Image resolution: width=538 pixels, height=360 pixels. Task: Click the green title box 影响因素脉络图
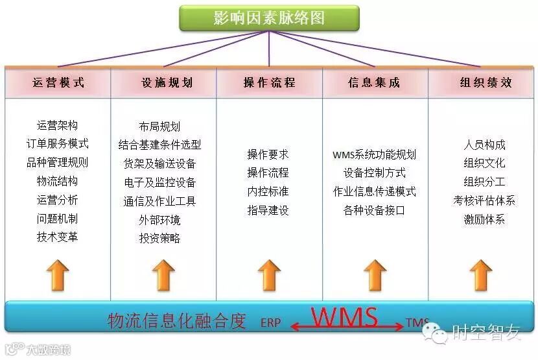tap(269, 18)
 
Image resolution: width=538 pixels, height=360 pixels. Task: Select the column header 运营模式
tap(58, 82)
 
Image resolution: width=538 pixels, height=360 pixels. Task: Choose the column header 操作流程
tap(269, 82)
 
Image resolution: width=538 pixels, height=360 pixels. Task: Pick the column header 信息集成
tap(374, 82)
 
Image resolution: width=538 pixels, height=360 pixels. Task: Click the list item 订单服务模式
tap(58, 144)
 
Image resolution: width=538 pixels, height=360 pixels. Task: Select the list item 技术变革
tap(58, 237)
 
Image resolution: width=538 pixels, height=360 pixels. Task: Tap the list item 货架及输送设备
tap(159, 163)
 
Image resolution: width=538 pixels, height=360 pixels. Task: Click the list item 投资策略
tap(159, 238)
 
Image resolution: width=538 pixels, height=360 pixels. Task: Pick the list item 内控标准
tap(268, 191)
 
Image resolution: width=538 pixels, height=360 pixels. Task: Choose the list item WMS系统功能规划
tap(374, 155)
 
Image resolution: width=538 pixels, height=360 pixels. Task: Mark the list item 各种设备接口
tap(374, 210)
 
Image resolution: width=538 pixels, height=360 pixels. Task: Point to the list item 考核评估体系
tap(484, 200)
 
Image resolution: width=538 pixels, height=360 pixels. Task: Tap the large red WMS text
tap(344, 317)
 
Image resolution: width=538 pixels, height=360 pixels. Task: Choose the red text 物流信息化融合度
tap(177, 321)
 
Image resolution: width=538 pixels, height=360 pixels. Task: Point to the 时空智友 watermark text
tap(486, 334)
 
